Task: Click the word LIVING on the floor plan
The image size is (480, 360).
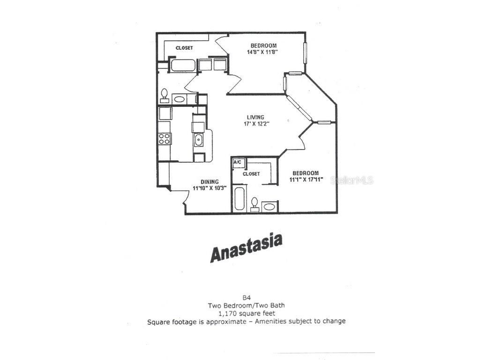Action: click(x=256, y=117)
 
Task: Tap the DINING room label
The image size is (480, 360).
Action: click(x=210, y=182)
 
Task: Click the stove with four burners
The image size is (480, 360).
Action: click(x=165, y=138)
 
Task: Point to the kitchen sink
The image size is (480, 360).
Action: click(x=198, y=139)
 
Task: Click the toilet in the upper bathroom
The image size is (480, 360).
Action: click(x=164, y=95)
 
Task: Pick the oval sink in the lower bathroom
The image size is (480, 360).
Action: click(x=270, y=206)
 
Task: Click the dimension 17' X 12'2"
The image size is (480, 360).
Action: click(x=256, y=124)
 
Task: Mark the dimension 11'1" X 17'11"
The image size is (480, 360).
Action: click(x=305, y=180)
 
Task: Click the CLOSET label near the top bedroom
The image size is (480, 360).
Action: click(x=184, y=48)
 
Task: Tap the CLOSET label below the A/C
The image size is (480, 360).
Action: click(x=251, y=174)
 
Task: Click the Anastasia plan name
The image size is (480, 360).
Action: click(x=246, y=247)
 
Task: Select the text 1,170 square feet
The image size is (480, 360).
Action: click(x=246, y=313)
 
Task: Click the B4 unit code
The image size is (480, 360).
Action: click(x=246, y=297)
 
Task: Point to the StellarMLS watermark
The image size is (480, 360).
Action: click(x=352, y=180)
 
